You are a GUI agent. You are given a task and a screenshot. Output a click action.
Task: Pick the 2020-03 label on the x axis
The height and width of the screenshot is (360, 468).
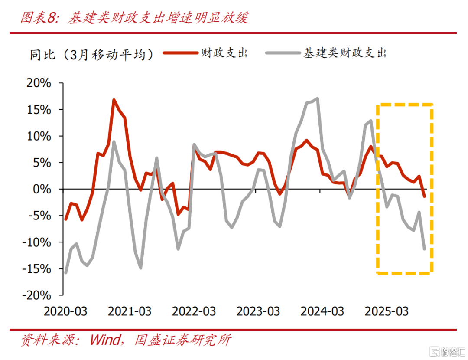coord(65,311)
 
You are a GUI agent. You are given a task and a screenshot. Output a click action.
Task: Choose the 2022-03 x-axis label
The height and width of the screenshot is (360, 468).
coord(194,311)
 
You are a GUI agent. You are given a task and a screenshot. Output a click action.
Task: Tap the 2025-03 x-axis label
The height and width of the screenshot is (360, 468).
coord(387,311)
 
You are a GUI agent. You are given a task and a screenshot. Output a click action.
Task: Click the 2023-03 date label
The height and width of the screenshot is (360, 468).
coord(258,311)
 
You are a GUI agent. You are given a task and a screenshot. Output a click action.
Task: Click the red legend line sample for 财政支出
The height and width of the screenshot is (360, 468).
coord(180,53)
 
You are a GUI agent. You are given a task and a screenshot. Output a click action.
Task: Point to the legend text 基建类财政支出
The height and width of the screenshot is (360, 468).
coord(345,53)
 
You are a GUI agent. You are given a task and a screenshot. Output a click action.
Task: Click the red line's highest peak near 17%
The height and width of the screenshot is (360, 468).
coord(114,100)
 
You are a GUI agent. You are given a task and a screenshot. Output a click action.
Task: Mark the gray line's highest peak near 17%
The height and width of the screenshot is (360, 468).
coord(318,98)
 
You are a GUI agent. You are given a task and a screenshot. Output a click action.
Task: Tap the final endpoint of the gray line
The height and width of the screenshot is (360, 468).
coord(425,249)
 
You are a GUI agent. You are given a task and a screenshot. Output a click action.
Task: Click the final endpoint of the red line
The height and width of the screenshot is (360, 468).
coord(425,196)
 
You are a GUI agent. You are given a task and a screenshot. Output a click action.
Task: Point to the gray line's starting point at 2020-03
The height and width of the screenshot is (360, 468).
coord(65,273)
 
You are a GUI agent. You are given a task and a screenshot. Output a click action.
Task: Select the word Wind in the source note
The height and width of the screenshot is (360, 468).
coord(106,340)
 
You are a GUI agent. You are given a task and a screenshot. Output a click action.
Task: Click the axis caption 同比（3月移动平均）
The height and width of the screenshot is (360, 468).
coord(91,54)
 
